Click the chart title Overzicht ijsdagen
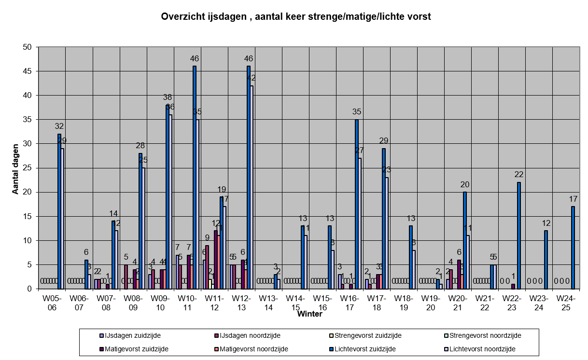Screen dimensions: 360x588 point(295,16)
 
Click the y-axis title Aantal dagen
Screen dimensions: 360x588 point(15,168)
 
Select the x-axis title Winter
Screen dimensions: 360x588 point(309,314)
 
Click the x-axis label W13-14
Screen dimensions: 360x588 point(269,303)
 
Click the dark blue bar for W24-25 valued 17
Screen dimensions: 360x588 point(573,248)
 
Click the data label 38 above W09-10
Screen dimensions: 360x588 point(168,97)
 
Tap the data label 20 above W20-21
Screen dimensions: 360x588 point(465,184)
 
